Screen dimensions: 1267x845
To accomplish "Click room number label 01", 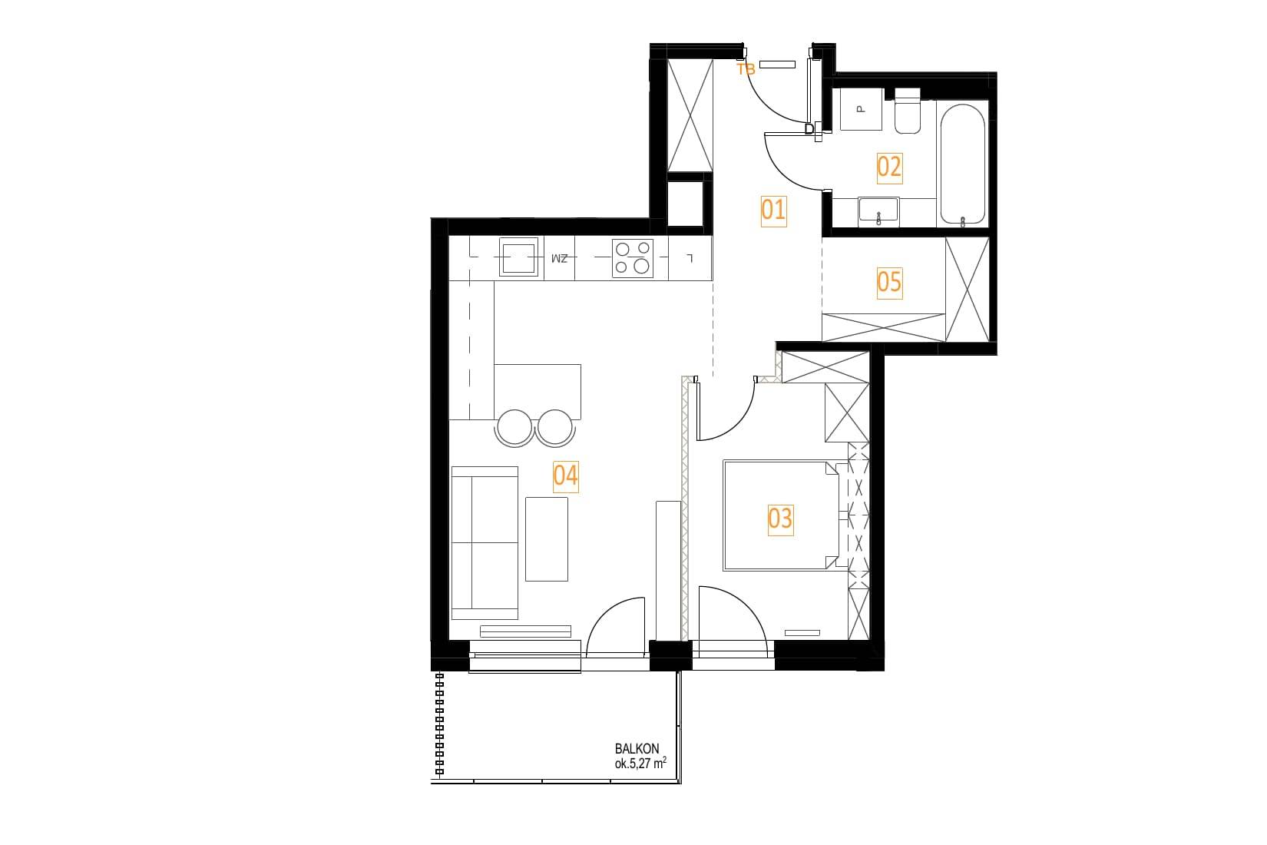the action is (773, 210).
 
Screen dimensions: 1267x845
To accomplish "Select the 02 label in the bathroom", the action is (889, 168).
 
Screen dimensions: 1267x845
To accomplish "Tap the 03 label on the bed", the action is (780, 519).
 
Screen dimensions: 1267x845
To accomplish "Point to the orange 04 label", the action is (566, 476).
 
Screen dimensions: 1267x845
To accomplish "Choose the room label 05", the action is (889, 283).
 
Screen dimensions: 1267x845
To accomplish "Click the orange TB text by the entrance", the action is (746, 70).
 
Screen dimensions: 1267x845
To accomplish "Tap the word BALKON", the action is (637, 748).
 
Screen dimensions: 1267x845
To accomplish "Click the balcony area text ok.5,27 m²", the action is (640, 764).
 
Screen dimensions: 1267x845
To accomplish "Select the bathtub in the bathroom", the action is (962, 164).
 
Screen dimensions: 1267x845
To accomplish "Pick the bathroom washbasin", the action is (878, 212).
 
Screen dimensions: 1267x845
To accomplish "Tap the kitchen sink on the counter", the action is (518, 257).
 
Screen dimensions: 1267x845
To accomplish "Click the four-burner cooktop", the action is (633, 258).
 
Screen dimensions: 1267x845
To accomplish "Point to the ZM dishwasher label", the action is (560, 259).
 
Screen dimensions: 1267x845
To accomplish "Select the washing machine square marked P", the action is (861, 109).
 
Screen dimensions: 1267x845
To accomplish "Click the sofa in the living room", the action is (485, 543).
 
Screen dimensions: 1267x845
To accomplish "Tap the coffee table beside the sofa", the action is (547, 538).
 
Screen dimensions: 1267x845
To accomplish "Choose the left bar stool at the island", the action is (514, 428).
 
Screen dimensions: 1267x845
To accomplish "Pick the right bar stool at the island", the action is (555, 428).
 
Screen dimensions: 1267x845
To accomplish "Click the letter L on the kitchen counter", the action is (690, 259).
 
